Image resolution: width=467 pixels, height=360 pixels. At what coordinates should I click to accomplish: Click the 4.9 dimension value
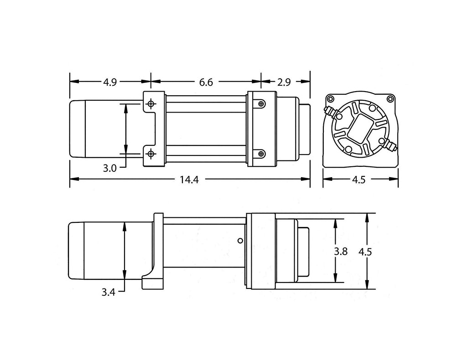coord(110,82)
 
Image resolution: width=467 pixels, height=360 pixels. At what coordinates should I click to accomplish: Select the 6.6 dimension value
coord(206,82)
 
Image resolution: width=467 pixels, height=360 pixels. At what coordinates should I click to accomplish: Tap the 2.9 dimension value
coord(284,82)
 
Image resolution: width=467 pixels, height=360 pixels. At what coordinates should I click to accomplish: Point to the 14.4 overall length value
coord(189,180)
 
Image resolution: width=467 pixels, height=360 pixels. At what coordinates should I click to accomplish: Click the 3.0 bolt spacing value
coord(109,168)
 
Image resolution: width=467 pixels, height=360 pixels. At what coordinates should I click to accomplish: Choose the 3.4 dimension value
coord(108,292)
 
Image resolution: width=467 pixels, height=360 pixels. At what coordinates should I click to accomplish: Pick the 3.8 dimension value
coord(341,252)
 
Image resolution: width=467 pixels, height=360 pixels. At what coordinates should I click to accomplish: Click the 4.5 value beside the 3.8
coord(365,252)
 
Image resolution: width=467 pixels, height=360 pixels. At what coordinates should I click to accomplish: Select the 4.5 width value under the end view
coord(359,180)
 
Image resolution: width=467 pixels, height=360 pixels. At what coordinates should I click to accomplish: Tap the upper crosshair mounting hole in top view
coord(150,104)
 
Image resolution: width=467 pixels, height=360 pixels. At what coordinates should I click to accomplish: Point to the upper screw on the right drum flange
coord(260,104)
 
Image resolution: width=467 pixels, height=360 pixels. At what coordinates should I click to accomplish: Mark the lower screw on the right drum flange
coord(260,154)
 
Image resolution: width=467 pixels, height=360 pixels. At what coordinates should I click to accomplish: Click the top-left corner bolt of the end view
coord(330,99)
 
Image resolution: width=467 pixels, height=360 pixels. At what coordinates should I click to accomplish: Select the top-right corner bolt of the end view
coord(390,99)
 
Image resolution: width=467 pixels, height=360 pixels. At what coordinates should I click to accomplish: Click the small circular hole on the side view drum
coord(240,240)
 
